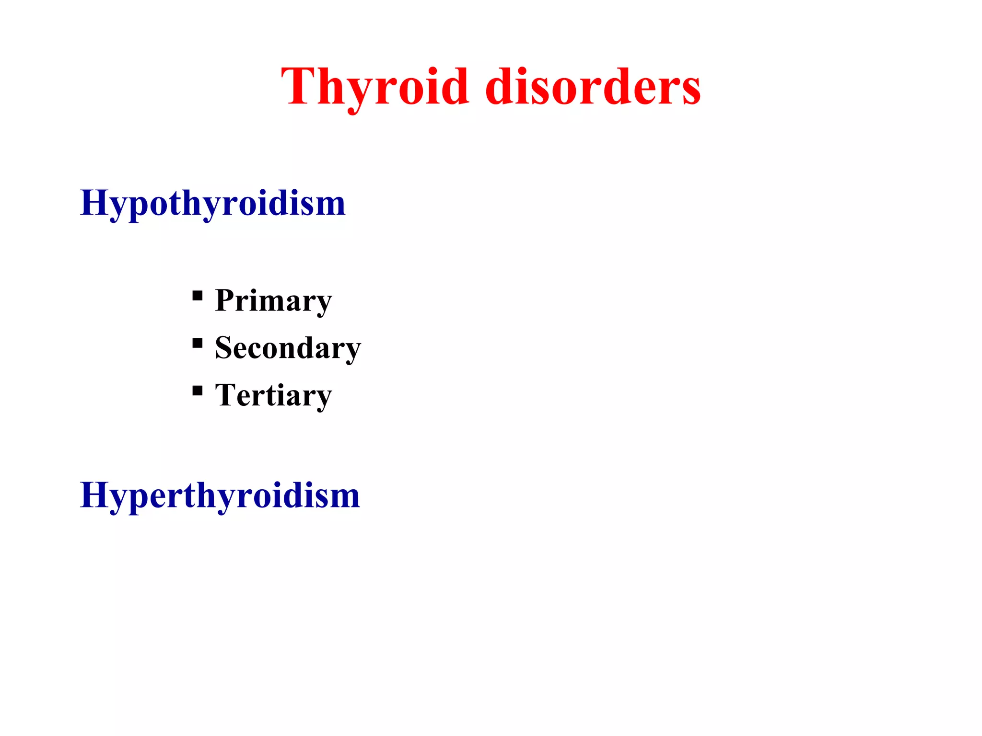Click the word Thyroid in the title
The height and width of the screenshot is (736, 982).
[x=374, y=87]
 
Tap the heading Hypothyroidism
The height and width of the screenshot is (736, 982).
[x=212, y=204]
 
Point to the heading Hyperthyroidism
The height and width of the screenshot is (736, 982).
[x=220, y=495]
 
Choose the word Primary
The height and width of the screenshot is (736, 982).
[x=273, y=301]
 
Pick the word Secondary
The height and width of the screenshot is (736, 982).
[x=288, y=348]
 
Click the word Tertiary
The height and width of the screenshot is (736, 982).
[x=273, y=395]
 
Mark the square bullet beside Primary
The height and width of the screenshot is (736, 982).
[x=197, y=295]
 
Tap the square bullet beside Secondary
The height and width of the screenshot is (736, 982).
[x=197, y=343]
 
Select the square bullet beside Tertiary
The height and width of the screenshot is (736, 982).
[x=197, y=391]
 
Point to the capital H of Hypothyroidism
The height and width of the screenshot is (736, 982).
[x=94, y=202]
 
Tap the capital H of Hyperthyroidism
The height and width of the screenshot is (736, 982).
[x=94, y=494]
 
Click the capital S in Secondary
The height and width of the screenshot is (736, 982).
[x=224, y=347]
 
